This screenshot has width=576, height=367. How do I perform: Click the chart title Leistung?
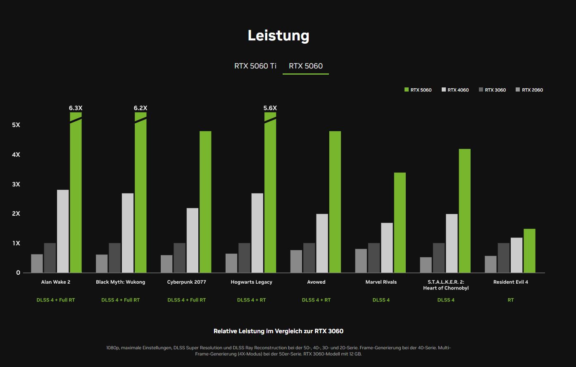coord(278,35)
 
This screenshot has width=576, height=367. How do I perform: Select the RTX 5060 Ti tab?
coord(255,66)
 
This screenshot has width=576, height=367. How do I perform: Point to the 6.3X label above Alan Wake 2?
coord(76,108)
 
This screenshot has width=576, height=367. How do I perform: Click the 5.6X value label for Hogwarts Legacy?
coord(270,108)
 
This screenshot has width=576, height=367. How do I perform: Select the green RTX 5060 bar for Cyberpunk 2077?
coord(205,202)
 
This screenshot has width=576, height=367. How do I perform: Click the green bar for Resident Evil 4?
coord(529,251)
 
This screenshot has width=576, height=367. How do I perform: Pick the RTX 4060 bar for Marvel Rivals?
coord(387,247)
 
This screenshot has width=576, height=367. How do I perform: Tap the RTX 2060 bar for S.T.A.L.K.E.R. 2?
coord(426,265)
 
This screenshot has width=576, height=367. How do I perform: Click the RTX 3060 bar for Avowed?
coord(309,258)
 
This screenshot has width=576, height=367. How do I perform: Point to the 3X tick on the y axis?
coord(16,184)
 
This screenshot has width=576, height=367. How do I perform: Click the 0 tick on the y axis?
coord(18,273)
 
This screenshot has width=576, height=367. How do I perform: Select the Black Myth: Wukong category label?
coord(120,282)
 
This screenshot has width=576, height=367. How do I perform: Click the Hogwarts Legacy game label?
coord(251,282)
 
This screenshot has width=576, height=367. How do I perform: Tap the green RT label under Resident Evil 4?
coord(511,300)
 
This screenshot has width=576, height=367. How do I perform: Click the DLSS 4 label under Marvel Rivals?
coord(381,300)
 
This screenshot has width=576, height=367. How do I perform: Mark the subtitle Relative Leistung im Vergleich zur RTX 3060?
coord(278,331)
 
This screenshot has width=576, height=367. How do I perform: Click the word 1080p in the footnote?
coord(113,348)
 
